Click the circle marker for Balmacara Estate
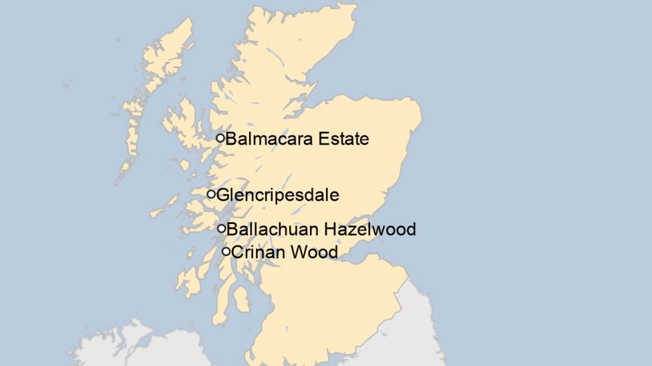pos(220,138)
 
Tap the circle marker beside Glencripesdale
pos(211,194)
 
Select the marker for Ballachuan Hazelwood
pos(222,229)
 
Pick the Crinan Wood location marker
pos(226,251)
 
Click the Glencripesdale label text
pos(278,195)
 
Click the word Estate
pos(344,139)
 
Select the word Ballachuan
pos(273,229)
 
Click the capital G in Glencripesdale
pos(222,195)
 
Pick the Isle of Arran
pos(241,297)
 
